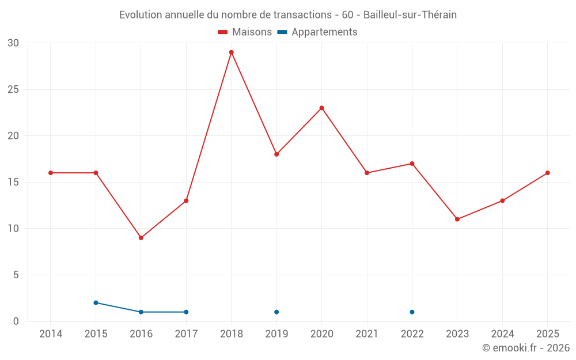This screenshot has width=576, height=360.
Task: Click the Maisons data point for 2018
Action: (x=232, y=52)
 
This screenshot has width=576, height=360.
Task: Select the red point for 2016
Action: (x=141, y=238)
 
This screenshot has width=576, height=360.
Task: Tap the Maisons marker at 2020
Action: (x=322, y=108)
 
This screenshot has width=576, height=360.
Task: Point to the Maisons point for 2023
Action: (x=457, y=219)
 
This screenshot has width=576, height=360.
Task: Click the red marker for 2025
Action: (x=548, y=173)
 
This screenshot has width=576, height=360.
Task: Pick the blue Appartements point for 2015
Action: (x=96, y=303)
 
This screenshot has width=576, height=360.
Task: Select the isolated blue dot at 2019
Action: (x=276, y=312)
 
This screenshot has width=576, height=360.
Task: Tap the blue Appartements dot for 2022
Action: (x=412, y=312)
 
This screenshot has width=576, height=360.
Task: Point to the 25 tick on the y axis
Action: (x=13, y=90)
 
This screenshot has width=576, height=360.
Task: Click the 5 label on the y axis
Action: (x=16, y=275)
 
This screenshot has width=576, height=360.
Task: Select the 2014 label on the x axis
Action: (x=51, y=334)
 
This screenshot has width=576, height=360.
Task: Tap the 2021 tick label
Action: (x=367, y=334)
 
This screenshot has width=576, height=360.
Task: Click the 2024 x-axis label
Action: (x=502, y=334)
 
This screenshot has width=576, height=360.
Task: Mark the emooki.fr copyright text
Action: (x=526, y=348)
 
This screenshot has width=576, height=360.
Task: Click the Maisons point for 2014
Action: (x=51, y=173)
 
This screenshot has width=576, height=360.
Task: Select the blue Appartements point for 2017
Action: (x=186, y=312)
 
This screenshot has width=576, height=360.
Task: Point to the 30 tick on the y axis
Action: (x=13, y=43)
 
